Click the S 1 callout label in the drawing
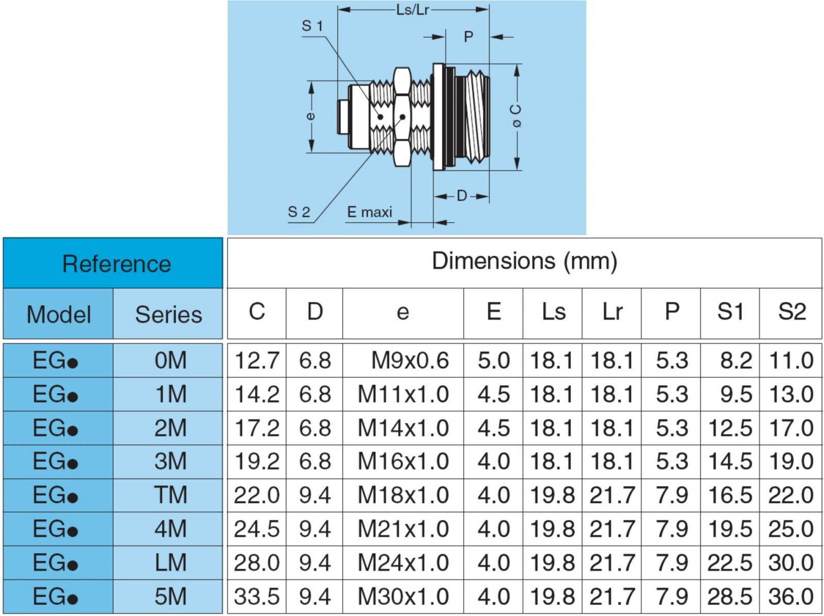tap(312, 26)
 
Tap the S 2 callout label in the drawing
tap(299, 212)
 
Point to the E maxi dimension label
tap(369, 212)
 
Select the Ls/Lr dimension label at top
tap(413, 10)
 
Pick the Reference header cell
tap(116, 264)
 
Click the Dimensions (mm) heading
tap(524, 261)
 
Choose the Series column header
tap(168, 314)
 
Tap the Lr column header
tap(612, 312)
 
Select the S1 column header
tap(730, 312)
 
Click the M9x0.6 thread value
tap(410, 361)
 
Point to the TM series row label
tap(170, 495)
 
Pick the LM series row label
tap(170, 562)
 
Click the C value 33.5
tap(256, 596)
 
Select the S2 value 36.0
tap(791, 596)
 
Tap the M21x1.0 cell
tap(403, 529)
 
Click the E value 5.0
tap(493, 361)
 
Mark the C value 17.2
tap(256, 428)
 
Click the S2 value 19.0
tap(791, 461)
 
